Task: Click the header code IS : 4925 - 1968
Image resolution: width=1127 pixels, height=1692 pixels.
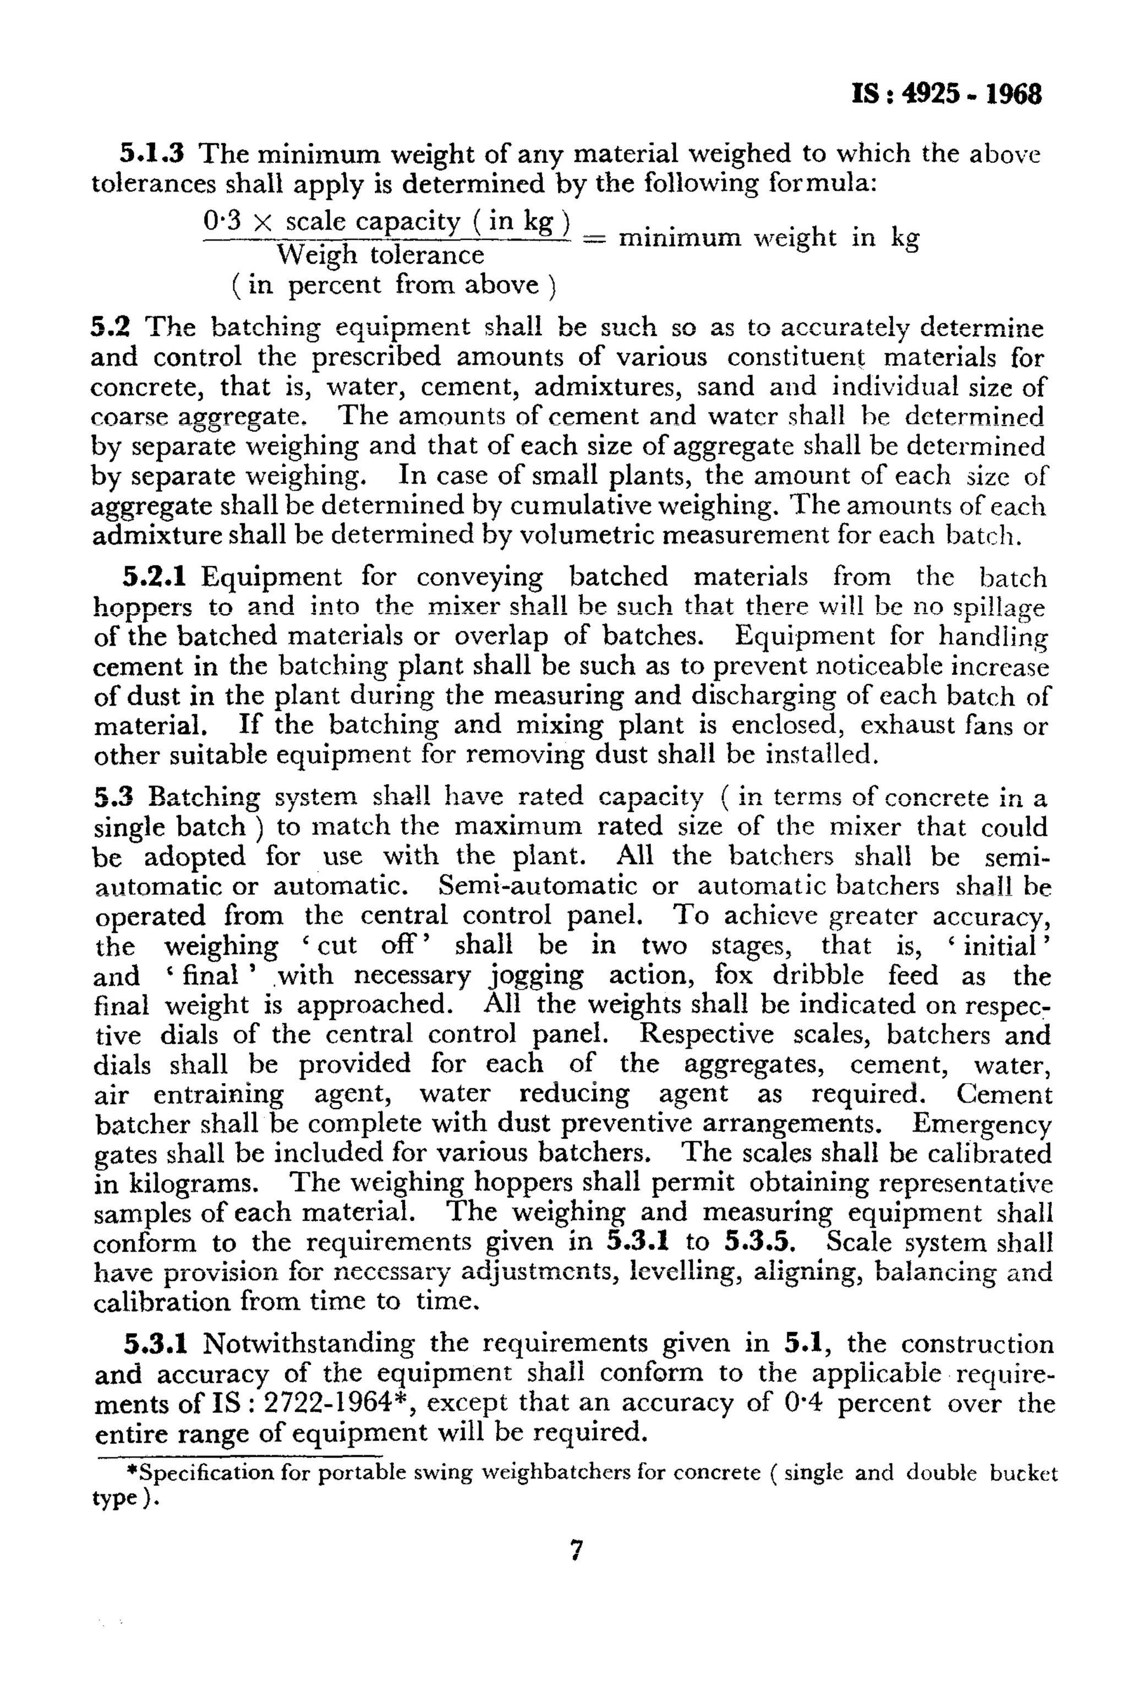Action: (946, 94)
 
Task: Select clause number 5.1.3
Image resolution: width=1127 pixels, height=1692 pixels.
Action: (152, 153)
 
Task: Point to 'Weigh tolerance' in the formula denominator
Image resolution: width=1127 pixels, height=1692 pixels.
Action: (381, 254)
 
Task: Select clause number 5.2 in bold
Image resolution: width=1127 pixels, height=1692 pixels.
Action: (111, 327)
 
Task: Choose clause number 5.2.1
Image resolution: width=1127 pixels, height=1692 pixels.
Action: (155, 577)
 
